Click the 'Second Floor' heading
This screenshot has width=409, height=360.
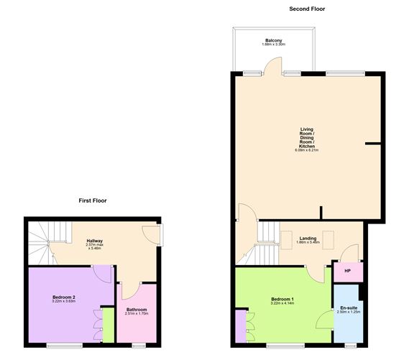(308, 9)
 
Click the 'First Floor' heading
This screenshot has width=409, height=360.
(93, 200)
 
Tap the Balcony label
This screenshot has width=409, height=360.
(272, 40)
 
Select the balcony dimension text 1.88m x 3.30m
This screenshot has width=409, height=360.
(272, 45)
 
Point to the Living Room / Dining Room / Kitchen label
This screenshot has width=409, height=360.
(308, 138)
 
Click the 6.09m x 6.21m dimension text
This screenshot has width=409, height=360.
(307, 151)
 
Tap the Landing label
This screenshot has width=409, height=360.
(308, 238)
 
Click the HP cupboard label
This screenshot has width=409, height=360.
(348, 271)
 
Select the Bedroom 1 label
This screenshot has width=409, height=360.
(282, 299)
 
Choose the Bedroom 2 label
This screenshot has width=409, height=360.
(64, 296)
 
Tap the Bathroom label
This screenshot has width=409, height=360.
(137, 309)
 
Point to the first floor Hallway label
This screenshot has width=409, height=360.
(95, 241)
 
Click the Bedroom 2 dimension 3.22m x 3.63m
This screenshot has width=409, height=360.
(64, 301)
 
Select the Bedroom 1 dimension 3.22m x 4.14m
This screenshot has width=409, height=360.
(282, 303)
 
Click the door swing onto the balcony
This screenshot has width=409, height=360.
(272, 67)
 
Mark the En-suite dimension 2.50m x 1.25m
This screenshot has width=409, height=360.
(348, 313)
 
